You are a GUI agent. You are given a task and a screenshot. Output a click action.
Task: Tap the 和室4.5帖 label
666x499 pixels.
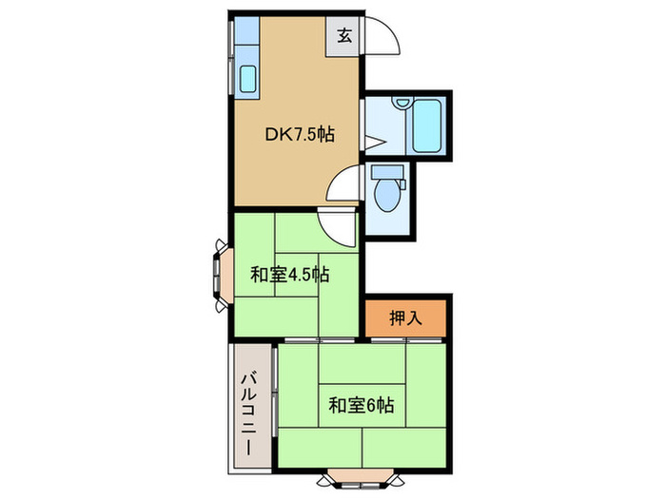(289, 276)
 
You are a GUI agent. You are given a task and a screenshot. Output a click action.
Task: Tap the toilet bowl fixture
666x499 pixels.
(387, 196)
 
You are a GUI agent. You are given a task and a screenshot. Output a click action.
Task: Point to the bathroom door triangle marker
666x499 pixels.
(372, 144)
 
